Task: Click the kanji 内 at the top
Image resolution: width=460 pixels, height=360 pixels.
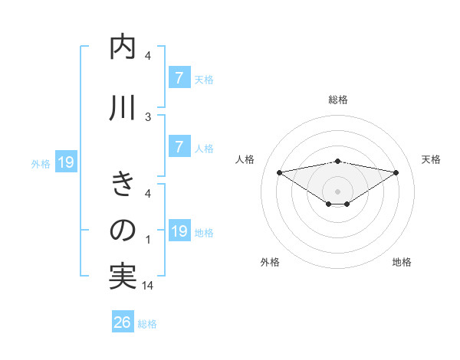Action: [123, 48]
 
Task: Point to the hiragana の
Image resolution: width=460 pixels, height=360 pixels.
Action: [123, 230]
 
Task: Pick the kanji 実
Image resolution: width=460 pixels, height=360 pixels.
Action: [123, 277]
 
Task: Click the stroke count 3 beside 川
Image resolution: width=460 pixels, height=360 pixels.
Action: [148, 116]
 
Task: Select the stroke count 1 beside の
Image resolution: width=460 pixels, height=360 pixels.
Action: [148, 240]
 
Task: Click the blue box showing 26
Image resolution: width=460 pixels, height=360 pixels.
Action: [123, 322]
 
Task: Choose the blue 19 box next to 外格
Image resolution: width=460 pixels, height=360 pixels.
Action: [64, 162]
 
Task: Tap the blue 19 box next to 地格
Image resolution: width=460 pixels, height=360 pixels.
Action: [179, 231]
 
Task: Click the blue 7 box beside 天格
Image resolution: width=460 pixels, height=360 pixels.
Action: [179, 77]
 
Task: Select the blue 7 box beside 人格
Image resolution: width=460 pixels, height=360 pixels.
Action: [179, 147]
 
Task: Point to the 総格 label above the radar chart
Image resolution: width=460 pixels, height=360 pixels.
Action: [337, 100]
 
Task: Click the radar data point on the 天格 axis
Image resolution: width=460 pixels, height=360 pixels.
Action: [396, 172]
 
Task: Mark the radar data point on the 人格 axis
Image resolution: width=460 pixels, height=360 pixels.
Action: [279, 172]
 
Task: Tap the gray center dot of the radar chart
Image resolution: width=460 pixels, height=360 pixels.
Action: [337, 191]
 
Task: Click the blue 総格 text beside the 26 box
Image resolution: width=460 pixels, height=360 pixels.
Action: [147, 324]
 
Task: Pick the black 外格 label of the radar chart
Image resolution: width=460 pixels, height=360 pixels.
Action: [270, 262]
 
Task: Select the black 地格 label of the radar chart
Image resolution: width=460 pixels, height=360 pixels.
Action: [402, 262]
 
